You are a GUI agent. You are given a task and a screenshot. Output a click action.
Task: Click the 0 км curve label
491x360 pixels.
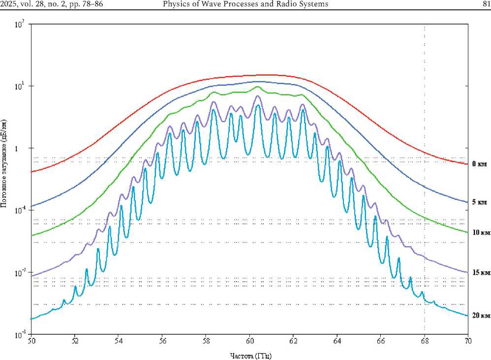[x=479, y=164]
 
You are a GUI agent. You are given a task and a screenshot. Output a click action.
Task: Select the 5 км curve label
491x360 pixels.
[x=479, y=202]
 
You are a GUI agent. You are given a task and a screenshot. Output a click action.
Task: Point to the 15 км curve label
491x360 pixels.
[x=478, y=272]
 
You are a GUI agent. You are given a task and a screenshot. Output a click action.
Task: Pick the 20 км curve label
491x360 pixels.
[x=478, y=315]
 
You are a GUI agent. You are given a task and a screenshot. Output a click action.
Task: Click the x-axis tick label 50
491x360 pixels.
[x=31, y=340]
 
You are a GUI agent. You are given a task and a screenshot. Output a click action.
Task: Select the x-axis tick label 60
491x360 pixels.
[x=250, y=340]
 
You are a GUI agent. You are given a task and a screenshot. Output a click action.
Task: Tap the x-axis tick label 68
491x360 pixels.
[x=425, y=340]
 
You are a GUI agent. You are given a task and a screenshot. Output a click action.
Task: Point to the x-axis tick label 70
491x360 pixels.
[x=468, y=340]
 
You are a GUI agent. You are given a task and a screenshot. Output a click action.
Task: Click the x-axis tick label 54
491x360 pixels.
[x=119, y=340]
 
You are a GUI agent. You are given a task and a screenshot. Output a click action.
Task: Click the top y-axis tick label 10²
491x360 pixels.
[x=20, y=24]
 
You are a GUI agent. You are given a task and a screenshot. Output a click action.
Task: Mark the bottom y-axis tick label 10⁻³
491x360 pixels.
[x=20, y=335]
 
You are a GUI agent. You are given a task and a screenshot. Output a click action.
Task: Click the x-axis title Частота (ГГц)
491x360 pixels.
[x=250, y=355]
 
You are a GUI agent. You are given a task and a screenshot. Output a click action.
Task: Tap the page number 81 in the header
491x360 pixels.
[x=483, y=4]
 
